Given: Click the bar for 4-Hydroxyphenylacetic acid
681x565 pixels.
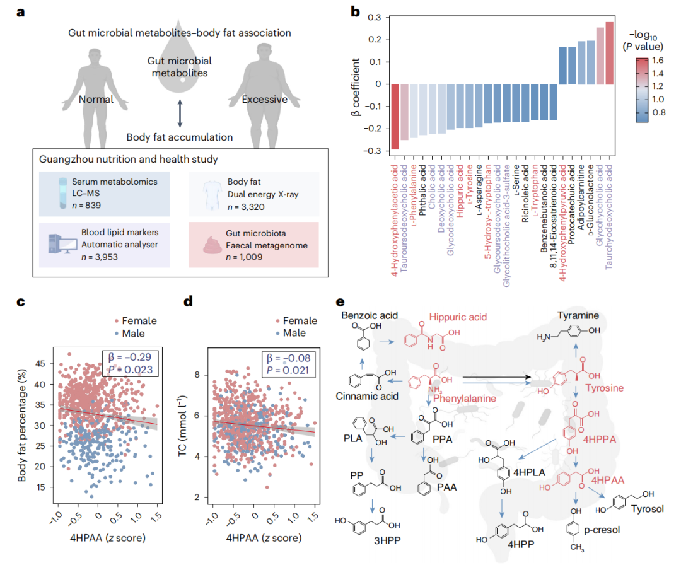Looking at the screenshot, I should click(395, 117).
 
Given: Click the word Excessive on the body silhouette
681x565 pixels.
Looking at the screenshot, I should click(265, 99).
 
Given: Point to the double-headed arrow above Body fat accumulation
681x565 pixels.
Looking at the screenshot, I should click(180, 117).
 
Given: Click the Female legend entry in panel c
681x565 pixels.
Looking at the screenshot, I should click(134, 320).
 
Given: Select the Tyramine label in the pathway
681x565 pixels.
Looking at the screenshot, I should click(578, 315).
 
